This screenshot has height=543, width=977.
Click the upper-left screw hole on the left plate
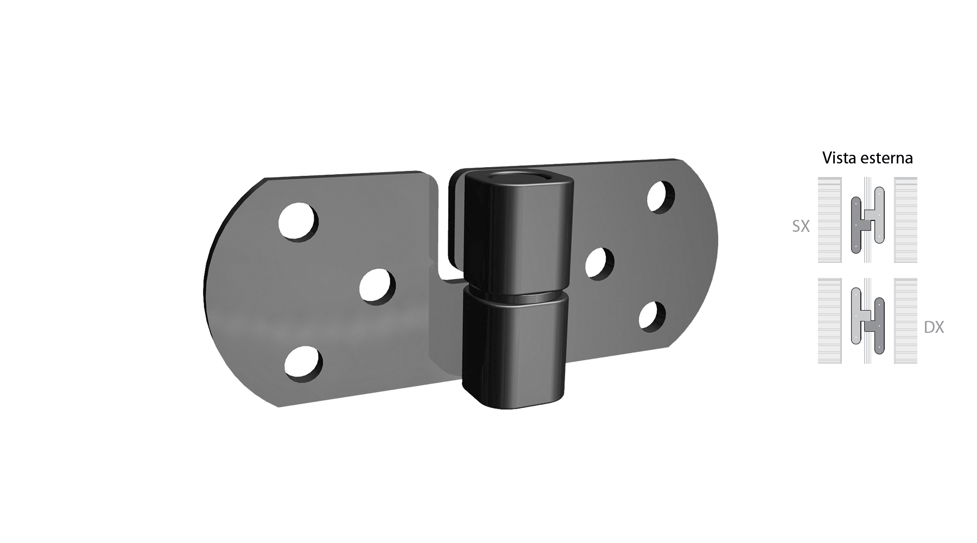coord(298,222)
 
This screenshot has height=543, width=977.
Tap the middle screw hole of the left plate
coord(377,286)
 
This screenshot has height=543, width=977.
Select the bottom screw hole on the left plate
coord(303,362)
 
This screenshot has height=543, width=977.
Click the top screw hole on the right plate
coord(661,197)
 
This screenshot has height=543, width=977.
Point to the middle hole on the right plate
coord(599,263)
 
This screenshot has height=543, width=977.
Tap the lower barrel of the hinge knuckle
coord(513,348)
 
